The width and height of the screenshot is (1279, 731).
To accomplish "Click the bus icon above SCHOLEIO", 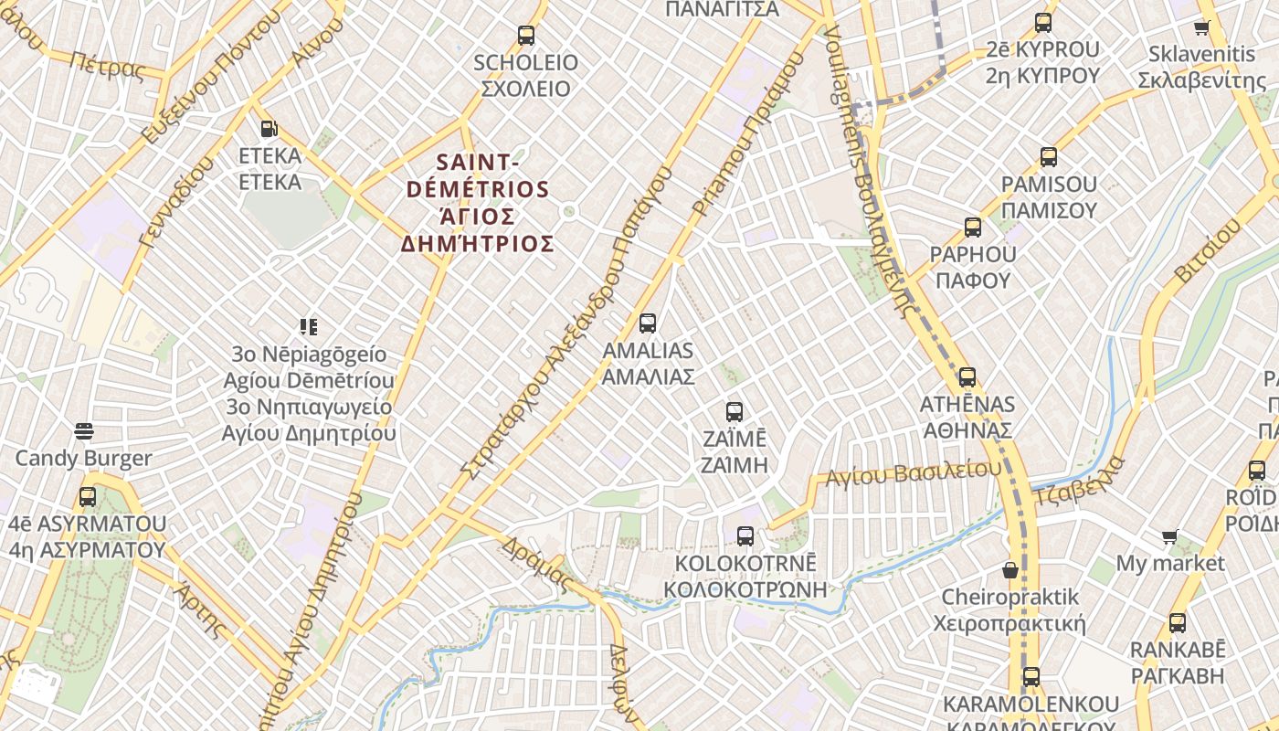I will (x=526, y=36).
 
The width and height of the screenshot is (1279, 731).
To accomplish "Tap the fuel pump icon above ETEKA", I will (x=269, y=129).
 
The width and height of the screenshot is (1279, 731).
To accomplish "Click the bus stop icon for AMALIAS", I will (x=648, y=323).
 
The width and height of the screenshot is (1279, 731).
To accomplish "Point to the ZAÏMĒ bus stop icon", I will (x=735, y=411).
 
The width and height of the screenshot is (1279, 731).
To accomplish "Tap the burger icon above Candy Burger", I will (x=85, y=430).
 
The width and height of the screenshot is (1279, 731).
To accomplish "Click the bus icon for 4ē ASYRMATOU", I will (x=88, y=497).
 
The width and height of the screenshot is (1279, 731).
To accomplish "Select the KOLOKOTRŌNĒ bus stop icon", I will (x=745, y=535).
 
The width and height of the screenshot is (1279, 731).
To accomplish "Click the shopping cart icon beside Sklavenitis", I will (x=1202, y=27).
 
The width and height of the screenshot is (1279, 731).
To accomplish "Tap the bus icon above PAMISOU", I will (x=1049, y=157).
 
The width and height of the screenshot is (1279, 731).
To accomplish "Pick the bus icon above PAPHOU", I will (x=973, y=228).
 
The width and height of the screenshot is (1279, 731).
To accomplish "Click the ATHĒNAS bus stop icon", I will (x=967, y=376).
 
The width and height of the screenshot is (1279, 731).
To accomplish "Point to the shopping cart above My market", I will (x=1170, y=536).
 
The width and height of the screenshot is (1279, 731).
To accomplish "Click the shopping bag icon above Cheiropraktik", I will (x=1010, y=570).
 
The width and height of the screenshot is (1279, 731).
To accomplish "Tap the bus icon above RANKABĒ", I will (x=1178, y=623).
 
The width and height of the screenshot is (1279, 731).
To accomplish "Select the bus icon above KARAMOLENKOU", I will (x=1031, y=677).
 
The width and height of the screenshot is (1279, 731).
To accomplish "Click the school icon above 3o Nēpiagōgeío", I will (x=309, y=326).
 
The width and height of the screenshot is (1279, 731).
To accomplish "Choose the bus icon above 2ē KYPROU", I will (x=1043, y=23).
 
